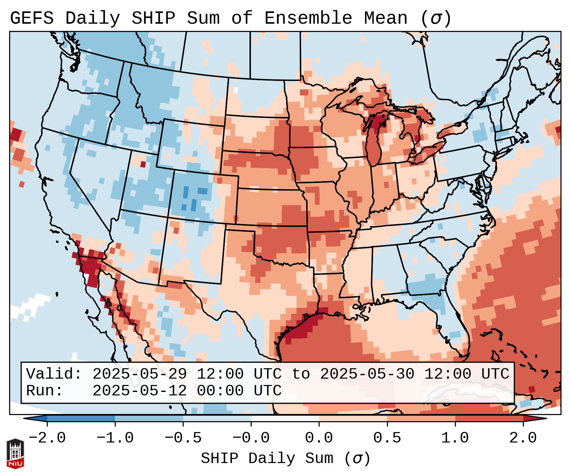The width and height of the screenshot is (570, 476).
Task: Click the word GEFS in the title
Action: click(32, 18)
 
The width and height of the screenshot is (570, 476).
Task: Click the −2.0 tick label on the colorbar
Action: click(47, 438)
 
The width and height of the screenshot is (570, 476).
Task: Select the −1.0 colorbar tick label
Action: click(115, 438)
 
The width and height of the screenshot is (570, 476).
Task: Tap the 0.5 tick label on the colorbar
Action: click(387, 438)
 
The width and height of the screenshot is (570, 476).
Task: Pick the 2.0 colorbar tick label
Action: click(523, 438)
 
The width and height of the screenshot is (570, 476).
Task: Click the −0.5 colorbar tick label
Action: click(183, 438)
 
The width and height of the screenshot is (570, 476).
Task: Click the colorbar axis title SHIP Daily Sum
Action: click(285, 459)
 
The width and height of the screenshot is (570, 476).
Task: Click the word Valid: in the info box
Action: click(54, 374)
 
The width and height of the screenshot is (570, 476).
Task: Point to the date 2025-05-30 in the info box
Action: click(367, 374)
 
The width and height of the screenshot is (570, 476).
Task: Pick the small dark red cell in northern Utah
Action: click(143, 164)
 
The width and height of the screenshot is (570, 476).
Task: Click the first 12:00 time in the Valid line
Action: click(220, 374)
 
